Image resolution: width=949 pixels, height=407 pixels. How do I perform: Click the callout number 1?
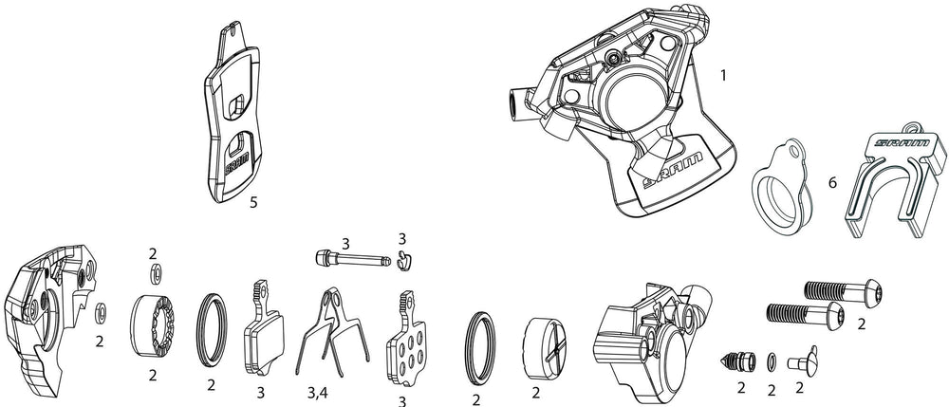[724, 72]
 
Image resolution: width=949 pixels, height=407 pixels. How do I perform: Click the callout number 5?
[252, 202]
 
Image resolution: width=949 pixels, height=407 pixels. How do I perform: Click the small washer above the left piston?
[153, 276]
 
